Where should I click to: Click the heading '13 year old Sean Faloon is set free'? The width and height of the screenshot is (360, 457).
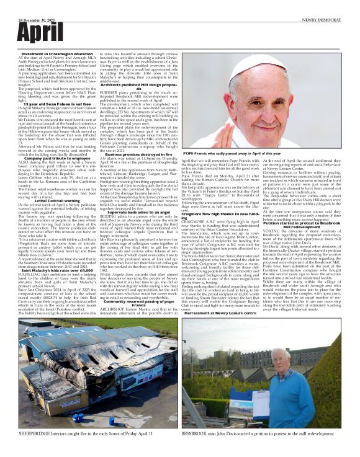[x=56, y=104]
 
